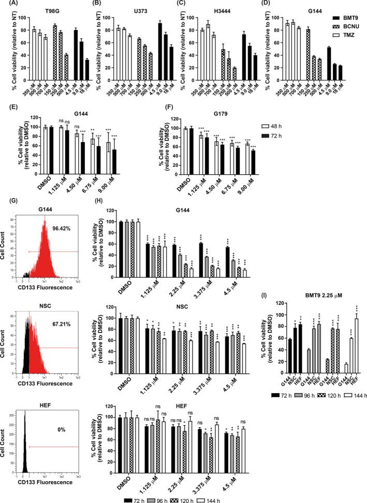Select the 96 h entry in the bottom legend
coord(170,496)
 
